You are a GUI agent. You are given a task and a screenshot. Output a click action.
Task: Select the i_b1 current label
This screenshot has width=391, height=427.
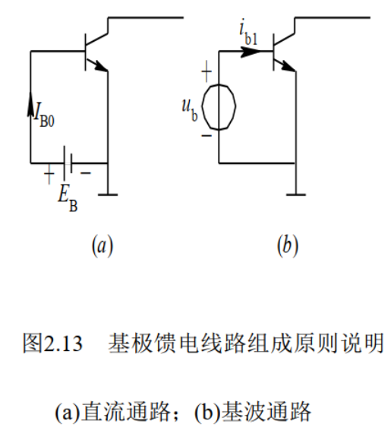tap(248, 34)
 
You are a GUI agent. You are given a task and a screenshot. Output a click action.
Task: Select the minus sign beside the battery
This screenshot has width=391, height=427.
tap(87, 174)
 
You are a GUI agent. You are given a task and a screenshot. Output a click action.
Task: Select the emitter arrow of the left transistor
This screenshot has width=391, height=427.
tap(100, 67)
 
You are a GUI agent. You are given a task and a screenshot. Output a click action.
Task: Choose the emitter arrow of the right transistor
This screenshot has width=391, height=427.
tap(288, 67)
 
